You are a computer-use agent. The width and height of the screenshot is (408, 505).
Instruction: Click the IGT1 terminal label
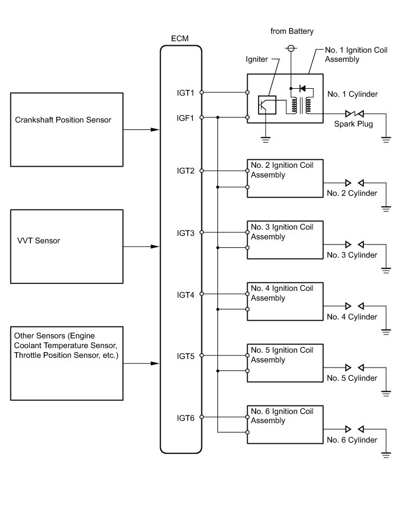point(186,92)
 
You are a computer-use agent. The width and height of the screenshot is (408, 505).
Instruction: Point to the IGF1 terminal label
point(186,118)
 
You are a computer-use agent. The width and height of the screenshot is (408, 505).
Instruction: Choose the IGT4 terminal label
point(186,295)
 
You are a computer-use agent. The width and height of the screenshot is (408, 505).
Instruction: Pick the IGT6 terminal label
point(186,418)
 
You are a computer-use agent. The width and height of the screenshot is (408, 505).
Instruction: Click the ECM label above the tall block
point(180,38)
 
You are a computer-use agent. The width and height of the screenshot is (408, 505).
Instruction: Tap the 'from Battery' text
point(292,31)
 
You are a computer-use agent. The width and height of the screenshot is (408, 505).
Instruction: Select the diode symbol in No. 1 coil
point(303,89)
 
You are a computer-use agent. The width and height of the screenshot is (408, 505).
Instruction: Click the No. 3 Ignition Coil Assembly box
point(284,240)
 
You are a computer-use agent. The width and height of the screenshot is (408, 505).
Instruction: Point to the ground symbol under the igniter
point(266,137)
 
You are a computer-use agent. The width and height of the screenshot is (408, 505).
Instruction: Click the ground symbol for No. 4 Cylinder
point(386,332)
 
